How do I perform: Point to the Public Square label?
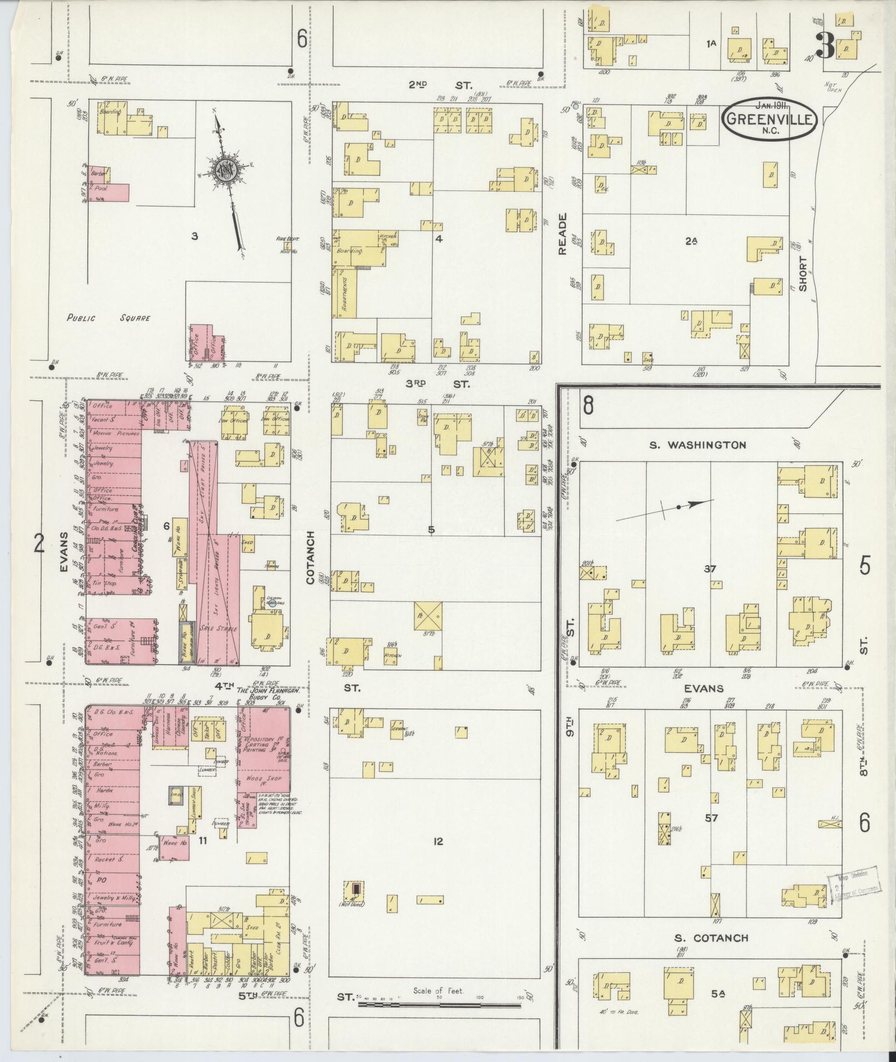(109, 319)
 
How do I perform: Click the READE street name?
(563, 234)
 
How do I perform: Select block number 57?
(712, 818)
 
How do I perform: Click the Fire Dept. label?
(288, 239)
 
